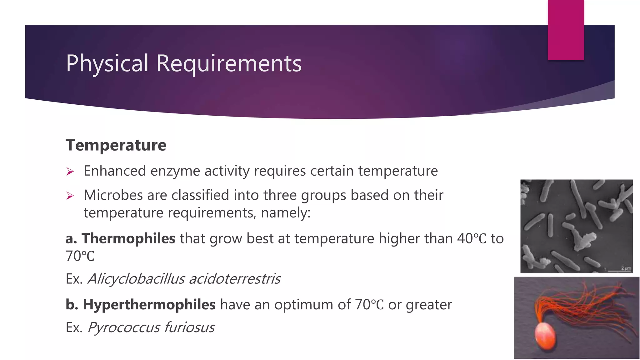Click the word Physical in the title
pos(107,63)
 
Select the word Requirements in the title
pos(229,63)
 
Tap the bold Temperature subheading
pos(116,145)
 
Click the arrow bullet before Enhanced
pos(70,172)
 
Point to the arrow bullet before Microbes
pos(70,196)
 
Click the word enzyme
pos(175,171)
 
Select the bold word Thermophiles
pos(128,238)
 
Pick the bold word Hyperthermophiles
pos(149,305)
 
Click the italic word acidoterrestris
pos(235,279)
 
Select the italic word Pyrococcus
pos(124,327)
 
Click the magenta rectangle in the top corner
pos(566,30)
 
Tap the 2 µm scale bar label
pos(626,268)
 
